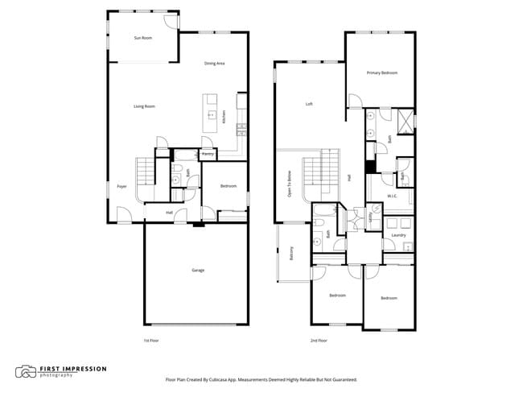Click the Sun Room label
[142, 38]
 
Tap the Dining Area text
[214, 64]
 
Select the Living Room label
[144, 106]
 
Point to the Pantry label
[207, 153]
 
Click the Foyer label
[122, 186]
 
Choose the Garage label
[197, 270]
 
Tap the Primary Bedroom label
[382, 73]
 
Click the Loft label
[309, 104]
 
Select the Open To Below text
[290, 184]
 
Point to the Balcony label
[291, 253]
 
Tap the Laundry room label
[397, 235]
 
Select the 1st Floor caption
[151, 341]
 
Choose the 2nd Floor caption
[319, 341]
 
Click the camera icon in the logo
[26, 371]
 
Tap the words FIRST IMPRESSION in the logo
[72, 369]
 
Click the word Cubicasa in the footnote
[220, 379]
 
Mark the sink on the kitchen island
[211, 115]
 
